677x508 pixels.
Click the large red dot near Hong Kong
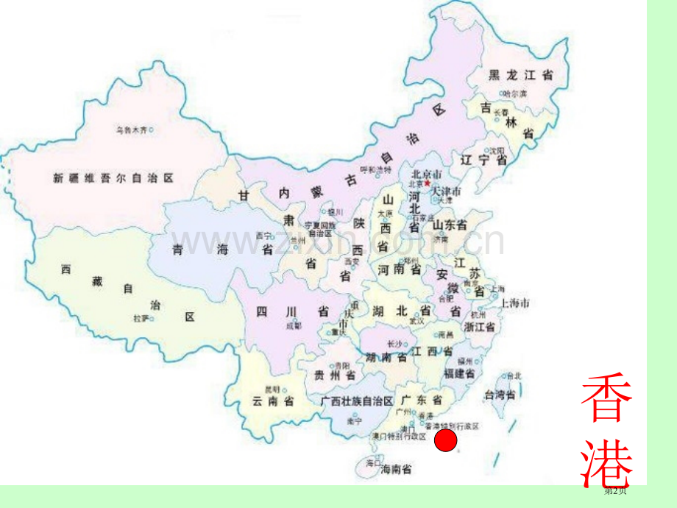coord(446,441)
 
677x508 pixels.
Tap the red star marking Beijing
coord(425,182)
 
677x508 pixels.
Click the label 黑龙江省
coord(520,74)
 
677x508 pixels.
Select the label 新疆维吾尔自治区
coord(113,177)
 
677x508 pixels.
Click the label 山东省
coord(450,225)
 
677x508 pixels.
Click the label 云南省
coord(273,401)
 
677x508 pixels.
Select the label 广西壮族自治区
coord(357,401)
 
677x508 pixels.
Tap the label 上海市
coord(515,303)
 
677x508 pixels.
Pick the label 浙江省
coord(479,325)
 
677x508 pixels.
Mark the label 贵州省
coord(336,375)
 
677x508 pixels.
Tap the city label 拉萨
coord(141,318)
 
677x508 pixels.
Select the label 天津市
coord(446,192)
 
